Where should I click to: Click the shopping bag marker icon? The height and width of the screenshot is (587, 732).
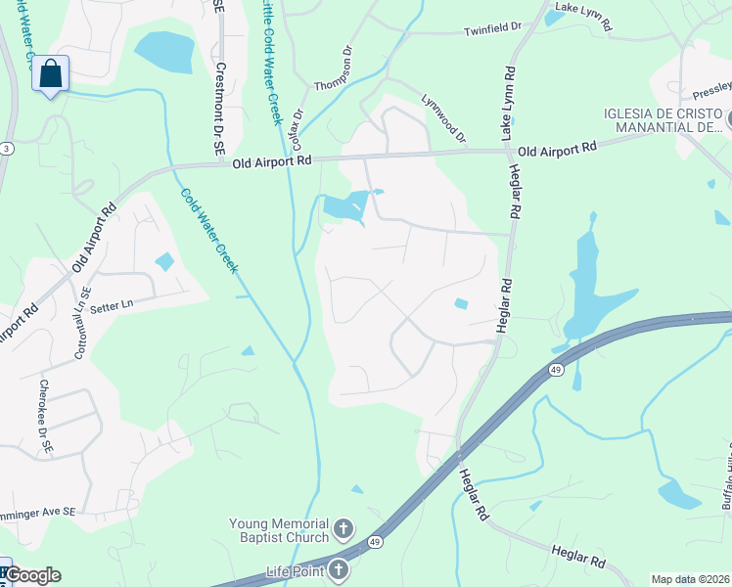pos(50,73)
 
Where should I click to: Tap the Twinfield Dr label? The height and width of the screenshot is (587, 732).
pos(493,30)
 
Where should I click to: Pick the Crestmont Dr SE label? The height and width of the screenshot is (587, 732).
pos(220,110)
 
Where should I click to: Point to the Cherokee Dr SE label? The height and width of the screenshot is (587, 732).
pos(44,416)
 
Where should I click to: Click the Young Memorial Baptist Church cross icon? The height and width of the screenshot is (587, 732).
pos(343,530)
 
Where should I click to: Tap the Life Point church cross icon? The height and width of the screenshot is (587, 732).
pos(339,569)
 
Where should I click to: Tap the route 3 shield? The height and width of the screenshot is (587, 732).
pos(5,148)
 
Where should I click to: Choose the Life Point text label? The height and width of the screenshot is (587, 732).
pos(295,570)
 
